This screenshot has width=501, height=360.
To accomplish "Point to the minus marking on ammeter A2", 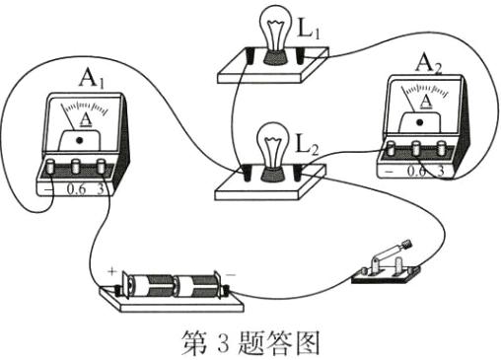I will (394, 172).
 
